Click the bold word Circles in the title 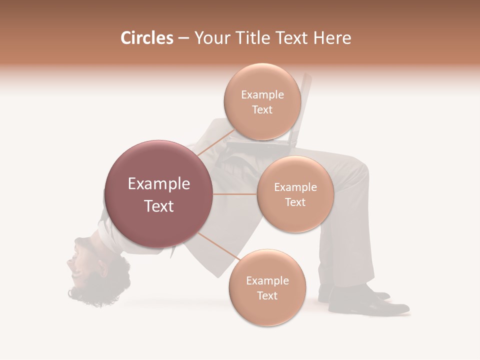pos(147,38)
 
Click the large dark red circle pos(158,194)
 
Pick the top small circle pos(262,102)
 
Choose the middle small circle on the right pos(295,194)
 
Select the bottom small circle pos(267,287)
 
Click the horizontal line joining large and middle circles pos(235,194)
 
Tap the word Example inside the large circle pos(158,184)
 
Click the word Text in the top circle pos(262,110)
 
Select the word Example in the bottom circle pos(267,280)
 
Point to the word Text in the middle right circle pos(295,202)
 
